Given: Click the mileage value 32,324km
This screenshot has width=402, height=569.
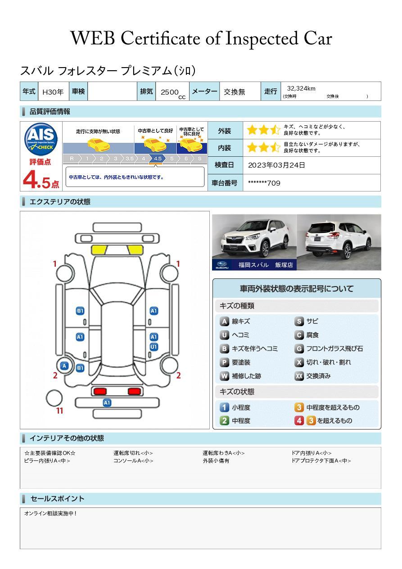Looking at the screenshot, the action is click(x=301, y=88).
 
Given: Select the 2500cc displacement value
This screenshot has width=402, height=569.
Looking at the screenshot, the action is click(x=173, y=93).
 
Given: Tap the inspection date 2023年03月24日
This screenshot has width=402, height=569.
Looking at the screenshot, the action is click(x=276, y=165).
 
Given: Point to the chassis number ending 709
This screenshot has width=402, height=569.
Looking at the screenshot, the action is click(x=264, y=183).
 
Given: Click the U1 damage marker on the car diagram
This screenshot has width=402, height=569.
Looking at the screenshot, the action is click(x=154, y=347).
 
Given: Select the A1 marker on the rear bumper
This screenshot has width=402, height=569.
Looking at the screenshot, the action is click(x=107, y=402).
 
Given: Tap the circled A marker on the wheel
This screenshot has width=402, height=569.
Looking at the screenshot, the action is click(x=64, y=366).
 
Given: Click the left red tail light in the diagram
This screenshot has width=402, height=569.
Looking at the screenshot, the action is click(x=100, y=391).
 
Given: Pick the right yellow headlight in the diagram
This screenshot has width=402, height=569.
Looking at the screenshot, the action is click(x=135, y=250).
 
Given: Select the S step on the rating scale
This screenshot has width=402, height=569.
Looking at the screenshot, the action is click(x=199, y=159).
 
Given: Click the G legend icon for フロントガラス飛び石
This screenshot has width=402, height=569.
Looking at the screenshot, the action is click(x=299, y=349).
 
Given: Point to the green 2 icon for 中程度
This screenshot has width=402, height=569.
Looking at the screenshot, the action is click(x=224, y=421).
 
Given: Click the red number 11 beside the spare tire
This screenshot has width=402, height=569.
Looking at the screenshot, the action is click(x=59, y=411).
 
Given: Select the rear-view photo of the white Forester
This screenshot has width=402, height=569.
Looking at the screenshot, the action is click(x=339, y=242).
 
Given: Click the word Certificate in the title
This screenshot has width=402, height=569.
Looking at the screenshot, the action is click(x=160, y=39).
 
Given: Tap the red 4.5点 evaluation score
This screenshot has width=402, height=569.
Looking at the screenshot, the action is click(x=41, y=180).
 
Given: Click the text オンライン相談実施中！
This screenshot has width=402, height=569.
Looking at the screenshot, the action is click(x=50, y=514).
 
